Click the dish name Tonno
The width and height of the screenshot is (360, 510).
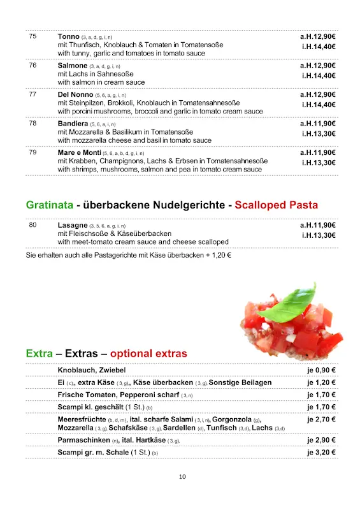coord(68,37)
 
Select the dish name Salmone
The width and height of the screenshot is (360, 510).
coord(72,66)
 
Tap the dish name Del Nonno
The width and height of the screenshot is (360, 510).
coord(75,94)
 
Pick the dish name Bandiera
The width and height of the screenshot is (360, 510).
coord(73,123)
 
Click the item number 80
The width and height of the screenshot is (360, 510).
coord(32,225)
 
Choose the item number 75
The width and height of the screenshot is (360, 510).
coord(32,37)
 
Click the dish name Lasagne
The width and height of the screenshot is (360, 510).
coord(72,225)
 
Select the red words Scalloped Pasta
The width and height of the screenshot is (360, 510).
coord(276,205)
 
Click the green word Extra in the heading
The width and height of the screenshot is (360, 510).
coord(38,353)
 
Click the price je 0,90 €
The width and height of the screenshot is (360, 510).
coord(321,370)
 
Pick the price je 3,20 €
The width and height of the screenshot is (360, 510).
coord(321,453)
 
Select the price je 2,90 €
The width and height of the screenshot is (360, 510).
coord(321,441)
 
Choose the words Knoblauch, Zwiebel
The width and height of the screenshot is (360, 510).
coord(92,370)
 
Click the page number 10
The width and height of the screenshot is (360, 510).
coord(182,476)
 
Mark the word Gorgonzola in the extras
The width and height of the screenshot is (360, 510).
coord(232,419)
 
